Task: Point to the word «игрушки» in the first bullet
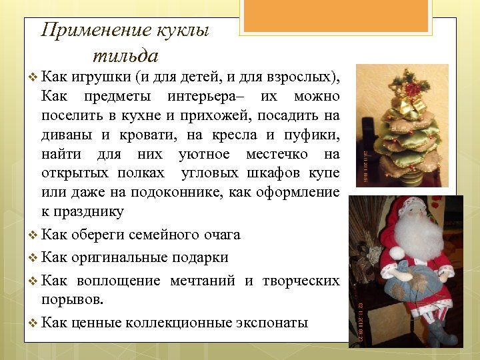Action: pos(98,77)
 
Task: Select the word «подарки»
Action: pos(199,257)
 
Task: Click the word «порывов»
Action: pos(72,299)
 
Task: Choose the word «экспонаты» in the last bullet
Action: pos(271,323)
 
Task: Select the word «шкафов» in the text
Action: pos(281,173)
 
